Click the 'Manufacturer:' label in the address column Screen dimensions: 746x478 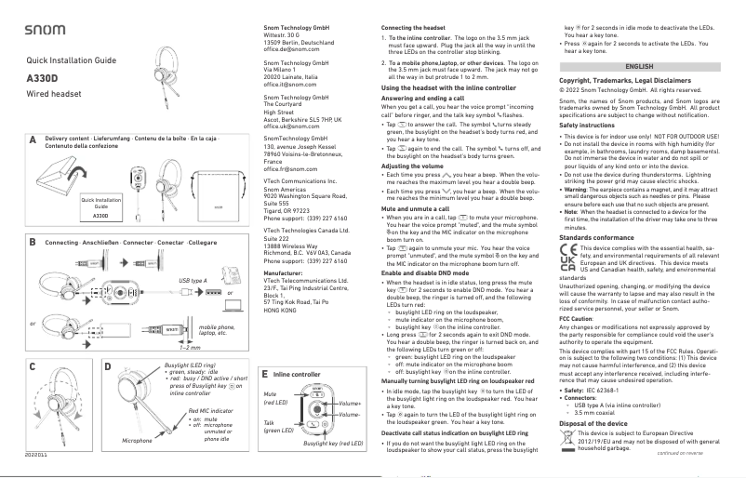click(276, 272)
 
